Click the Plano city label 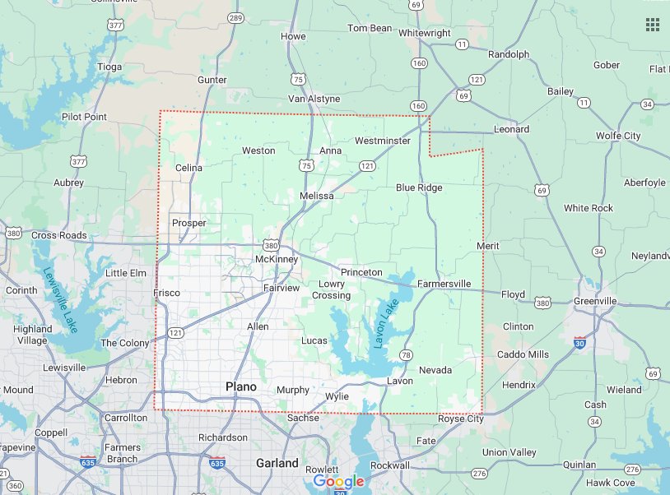pyautogui.click(x=241, y=386)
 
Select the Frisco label pyautogui.click(x=167, y=293)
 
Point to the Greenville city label pyautogui.click(x=595, y=301)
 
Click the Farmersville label pyautogui.click(x=444, y=284)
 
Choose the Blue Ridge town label pyautogui.click(x=419, y=187)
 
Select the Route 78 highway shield pyautogui.click(x=406, y=354)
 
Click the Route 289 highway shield pyautogui.click(x=236, y=17)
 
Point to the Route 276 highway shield pyautogui.click(x=480, y=474)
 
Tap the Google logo pyautogui.click(x=338, y=481)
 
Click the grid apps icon pyautogui.click(x=652, y=25)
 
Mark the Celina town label pyautogui.click(x=188, y=168)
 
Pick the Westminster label pyautogui.click(x=382, y=141)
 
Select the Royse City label pyautogui.click(x=460, y=419)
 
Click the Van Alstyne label pyautogui.click(x=314, y=99)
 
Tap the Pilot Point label pyautogui.click(x=84, y=117)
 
